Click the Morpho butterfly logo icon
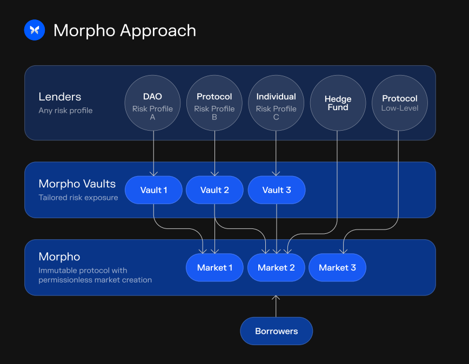35,30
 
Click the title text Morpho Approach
125,30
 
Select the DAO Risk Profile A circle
152,103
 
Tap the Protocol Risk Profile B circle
215,103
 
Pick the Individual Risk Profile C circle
276,103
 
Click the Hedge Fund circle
338,103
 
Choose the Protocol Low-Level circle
400,103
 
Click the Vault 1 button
153,190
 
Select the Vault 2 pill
215,190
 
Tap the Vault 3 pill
277,190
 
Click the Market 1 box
215,268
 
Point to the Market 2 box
276,268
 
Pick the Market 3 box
337,268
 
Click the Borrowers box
276,331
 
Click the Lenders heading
60,97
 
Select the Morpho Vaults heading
77,184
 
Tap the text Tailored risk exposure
78,198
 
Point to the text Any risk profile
65,111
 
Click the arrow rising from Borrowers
276,306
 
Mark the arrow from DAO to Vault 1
153,154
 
